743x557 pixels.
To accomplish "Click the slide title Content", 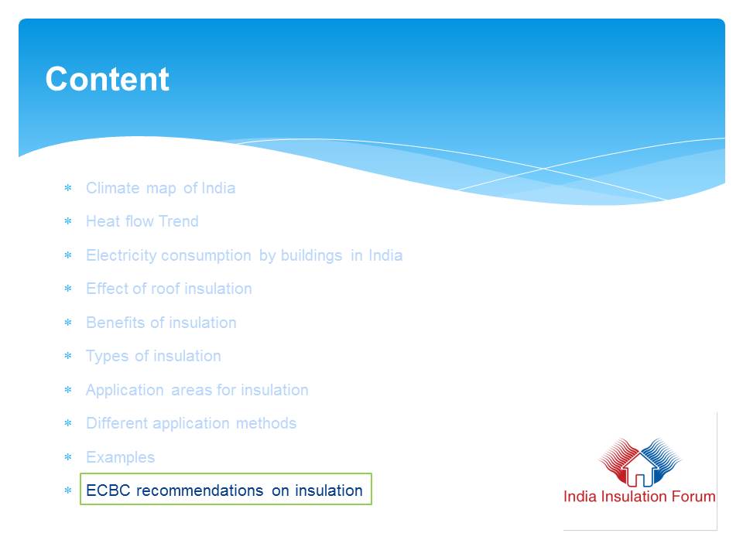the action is pos(107,79).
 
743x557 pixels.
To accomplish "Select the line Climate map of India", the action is pos(161,188).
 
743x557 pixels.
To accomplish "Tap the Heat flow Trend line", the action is pos(142,221).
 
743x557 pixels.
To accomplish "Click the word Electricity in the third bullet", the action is pos(122,255).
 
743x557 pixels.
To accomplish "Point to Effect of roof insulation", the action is pos(169,289).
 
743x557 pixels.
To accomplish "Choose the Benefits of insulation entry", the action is pos(161,323).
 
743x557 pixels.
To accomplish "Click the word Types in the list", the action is pos(107,356).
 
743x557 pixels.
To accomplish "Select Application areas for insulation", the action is pos(197,390).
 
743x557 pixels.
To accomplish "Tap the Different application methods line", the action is pos(191,423).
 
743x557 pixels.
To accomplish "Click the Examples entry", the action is pos(121,457).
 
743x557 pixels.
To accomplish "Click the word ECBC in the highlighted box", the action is pos(108,490).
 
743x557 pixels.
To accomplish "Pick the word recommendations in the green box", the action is pos(200,490).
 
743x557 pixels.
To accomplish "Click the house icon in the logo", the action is pos(640,469).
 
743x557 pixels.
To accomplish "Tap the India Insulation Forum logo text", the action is pos(639,497).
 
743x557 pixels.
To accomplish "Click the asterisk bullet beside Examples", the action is pos(68,457).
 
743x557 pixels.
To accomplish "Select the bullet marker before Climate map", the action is pos(68,188).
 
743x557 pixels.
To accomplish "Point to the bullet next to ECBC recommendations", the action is pos(68,490).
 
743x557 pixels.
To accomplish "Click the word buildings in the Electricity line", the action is pos(311,255).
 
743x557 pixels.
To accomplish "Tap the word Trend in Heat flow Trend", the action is pos(179,221).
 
